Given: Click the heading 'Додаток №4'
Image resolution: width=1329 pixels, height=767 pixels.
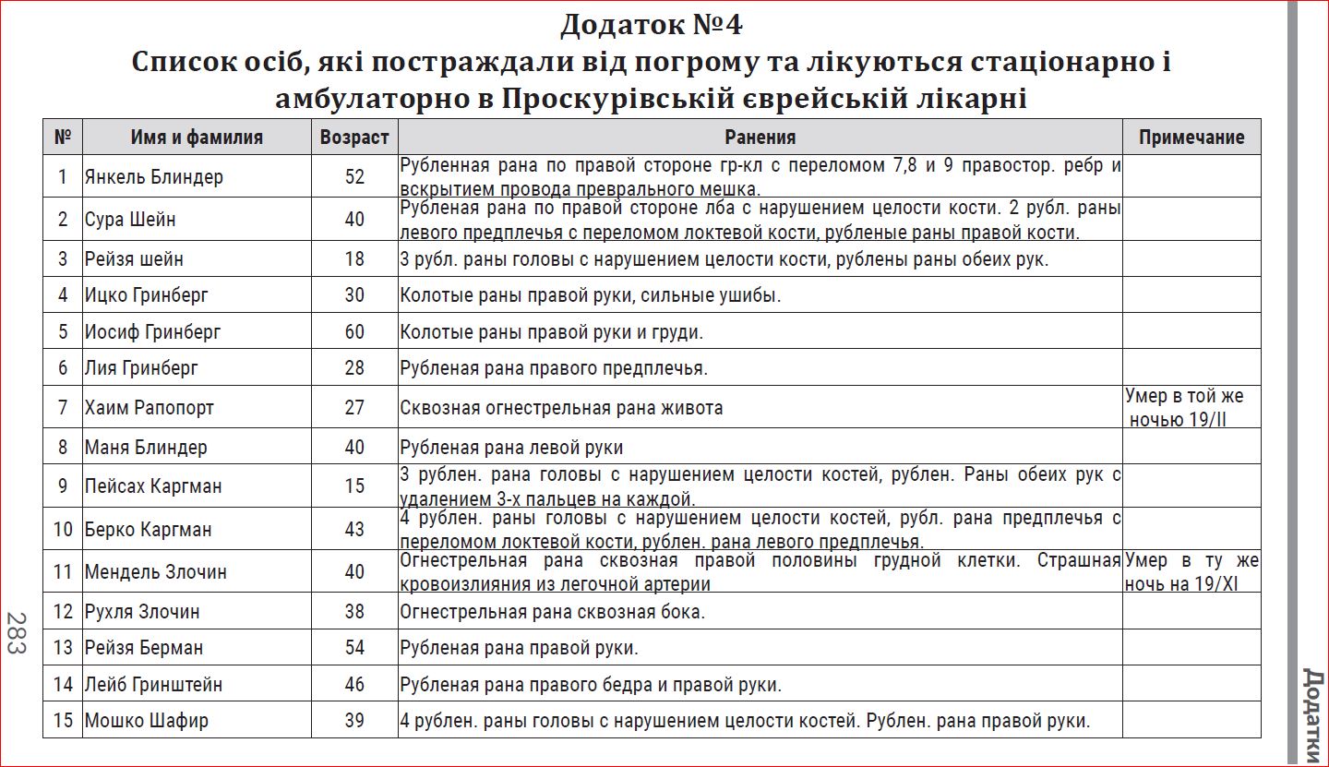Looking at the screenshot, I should tap(651, 25).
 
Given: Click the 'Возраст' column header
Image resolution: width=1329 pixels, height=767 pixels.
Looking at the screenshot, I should tap(354, 138).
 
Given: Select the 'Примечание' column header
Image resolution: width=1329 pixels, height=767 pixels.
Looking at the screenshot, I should tap(1191, 138).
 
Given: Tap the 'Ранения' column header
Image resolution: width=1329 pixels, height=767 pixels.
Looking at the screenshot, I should tap(760, 138).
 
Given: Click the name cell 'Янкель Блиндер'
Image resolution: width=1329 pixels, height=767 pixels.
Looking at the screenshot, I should tap(153, 176).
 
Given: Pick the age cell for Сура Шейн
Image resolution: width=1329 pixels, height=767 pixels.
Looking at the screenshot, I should tap(354, 220).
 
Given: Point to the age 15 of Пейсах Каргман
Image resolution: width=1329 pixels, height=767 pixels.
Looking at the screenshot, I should tap(354, 485).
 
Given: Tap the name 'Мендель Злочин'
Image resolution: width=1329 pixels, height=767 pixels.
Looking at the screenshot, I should tap(155, 571).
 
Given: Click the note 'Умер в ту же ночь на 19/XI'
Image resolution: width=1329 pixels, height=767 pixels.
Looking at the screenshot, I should tap(1191, 571).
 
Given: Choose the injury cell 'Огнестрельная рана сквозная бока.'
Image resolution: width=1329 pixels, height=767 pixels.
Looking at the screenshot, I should tap(552, 611).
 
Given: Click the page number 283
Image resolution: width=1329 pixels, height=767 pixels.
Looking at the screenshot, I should tap(16, 633).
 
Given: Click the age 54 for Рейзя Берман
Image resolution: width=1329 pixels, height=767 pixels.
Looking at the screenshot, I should tap(354, 647).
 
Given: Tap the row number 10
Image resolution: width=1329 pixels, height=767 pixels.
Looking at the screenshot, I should tap(63, 529).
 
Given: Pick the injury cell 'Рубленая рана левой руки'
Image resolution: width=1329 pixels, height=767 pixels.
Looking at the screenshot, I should tap(511, 448).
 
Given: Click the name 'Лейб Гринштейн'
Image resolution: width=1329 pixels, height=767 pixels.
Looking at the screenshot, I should tap(152, 684).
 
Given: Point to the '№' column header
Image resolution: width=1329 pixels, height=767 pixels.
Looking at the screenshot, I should tap(63, 138).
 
